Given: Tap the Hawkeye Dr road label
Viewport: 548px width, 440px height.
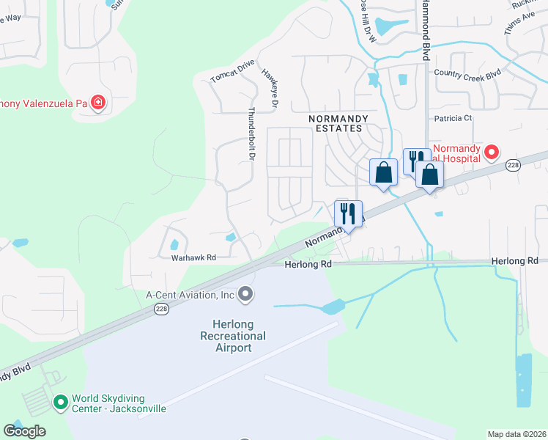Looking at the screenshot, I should click(270, 89).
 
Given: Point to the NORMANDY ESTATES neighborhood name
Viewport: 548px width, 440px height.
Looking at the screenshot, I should click(336, 122).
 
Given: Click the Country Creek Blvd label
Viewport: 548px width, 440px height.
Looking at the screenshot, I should click(467, 73).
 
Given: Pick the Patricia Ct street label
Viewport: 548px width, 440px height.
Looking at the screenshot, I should click(453, 118).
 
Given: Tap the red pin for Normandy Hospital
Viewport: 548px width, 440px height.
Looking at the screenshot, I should click(492, 153).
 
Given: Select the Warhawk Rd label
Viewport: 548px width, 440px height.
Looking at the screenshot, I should click(193, 257).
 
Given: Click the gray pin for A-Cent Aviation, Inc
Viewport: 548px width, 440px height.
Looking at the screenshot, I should click(245, 294).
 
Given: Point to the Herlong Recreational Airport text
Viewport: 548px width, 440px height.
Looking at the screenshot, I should click(233, 335).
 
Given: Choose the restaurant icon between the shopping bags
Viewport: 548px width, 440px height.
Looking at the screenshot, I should click(414, 160).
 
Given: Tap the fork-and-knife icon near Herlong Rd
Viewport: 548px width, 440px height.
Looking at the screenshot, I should click(347, 213).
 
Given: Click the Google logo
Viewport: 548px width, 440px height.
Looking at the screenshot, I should click(24, 431).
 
